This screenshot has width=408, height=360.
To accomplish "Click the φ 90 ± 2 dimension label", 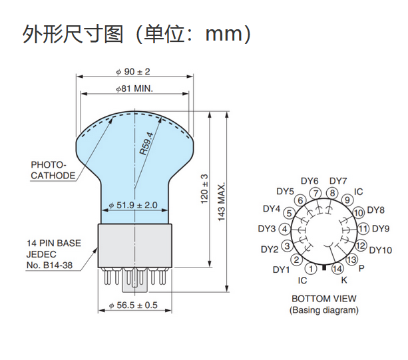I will pyautogui.click(x=133, y=71).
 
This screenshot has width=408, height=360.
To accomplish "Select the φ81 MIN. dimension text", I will pyautogui.click(x=134, y=88).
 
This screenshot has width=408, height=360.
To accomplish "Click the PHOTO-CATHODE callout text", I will pyautogui.click(x=53, y=170).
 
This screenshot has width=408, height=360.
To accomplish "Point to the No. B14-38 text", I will pyautogui.click(x=49, y=266).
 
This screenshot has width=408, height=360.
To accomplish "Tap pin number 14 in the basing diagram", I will pyautogui.click(x=337, y=269).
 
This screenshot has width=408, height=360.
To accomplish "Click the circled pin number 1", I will pyautogui.click(x=311, y=269).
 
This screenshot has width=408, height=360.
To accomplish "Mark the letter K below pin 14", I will pyautogui.click(x=344, y=280).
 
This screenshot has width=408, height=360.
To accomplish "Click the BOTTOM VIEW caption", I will pyautogui.click(x=323, y=299).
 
